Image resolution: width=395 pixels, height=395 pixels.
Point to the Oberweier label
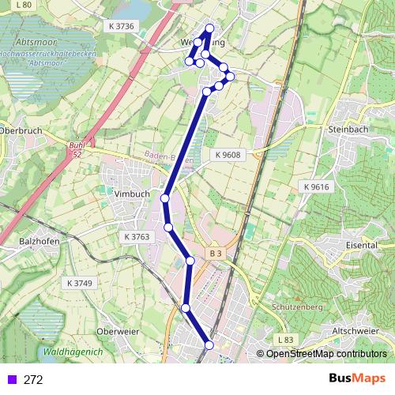coord(117,331)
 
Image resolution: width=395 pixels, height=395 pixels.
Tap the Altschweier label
coord(355,330)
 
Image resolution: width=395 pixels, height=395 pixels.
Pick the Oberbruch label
coord(18,130)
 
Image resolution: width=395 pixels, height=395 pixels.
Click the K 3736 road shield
coord(119,26)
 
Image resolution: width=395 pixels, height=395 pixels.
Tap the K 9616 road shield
coord(315,186)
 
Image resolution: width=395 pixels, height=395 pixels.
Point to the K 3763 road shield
coord(137,236)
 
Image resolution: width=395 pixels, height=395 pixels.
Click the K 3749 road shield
coord(80,283)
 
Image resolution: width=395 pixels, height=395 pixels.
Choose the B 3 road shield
coord(216,253)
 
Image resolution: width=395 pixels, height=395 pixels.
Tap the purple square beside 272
coord(10,379)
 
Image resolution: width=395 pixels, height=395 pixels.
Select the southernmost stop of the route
coord(209,344)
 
